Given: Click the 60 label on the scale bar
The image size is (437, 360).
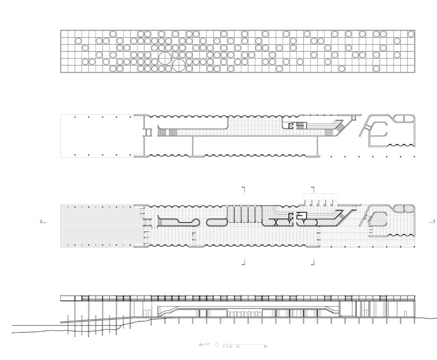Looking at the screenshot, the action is coord(265,347).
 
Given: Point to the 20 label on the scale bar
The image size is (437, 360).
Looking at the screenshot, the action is coord(238,347).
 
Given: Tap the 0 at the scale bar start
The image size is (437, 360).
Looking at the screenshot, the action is coord(224,347).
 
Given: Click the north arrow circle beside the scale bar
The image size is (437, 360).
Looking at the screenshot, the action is coord(217,345).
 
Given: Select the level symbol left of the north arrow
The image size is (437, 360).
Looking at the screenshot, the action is coord(201,345).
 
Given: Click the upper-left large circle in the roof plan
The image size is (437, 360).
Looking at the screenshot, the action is coord(164,58).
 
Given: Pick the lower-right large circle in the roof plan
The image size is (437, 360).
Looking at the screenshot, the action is coord(178,65).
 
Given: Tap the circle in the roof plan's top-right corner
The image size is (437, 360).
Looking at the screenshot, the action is coord(411,34).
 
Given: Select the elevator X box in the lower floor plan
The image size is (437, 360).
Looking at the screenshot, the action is coord(292,216).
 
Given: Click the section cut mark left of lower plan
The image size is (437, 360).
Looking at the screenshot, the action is coord(43,222).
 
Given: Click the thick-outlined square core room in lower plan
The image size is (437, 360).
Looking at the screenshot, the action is coord(302,216).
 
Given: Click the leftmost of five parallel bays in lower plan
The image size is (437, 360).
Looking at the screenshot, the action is coord(232,215).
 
